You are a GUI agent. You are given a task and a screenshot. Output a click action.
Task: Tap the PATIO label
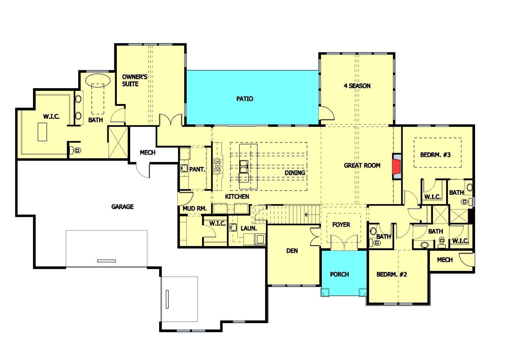245,99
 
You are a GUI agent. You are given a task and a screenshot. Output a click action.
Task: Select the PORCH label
339,274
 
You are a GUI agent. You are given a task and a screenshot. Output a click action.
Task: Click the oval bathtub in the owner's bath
98,79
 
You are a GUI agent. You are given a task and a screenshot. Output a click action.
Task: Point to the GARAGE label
122,207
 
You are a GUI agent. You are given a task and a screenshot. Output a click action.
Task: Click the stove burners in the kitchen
218,167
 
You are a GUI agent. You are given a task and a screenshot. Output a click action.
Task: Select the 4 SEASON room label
357,86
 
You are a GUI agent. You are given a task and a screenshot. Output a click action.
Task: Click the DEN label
292,251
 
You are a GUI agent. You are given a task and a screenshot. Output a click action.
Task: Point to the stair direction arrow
307,214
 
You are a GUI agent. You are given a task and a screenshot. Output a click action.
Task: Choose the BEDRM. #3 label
435,155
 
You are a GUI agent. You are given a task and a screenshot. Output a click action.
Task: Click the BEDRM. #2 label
391,275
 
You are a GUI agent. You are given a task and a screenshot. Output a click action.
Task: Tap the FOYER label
341,225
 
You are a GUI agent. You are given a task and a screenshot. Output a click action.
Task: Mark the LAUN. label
249,228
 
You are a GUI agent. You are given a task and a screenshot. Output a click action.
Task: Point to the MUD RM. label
195,209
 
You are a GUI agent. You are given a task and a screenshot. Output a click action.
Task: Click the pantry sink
184,168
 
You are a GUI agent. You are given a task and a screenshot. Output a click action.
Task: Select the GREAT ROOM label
362,166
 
